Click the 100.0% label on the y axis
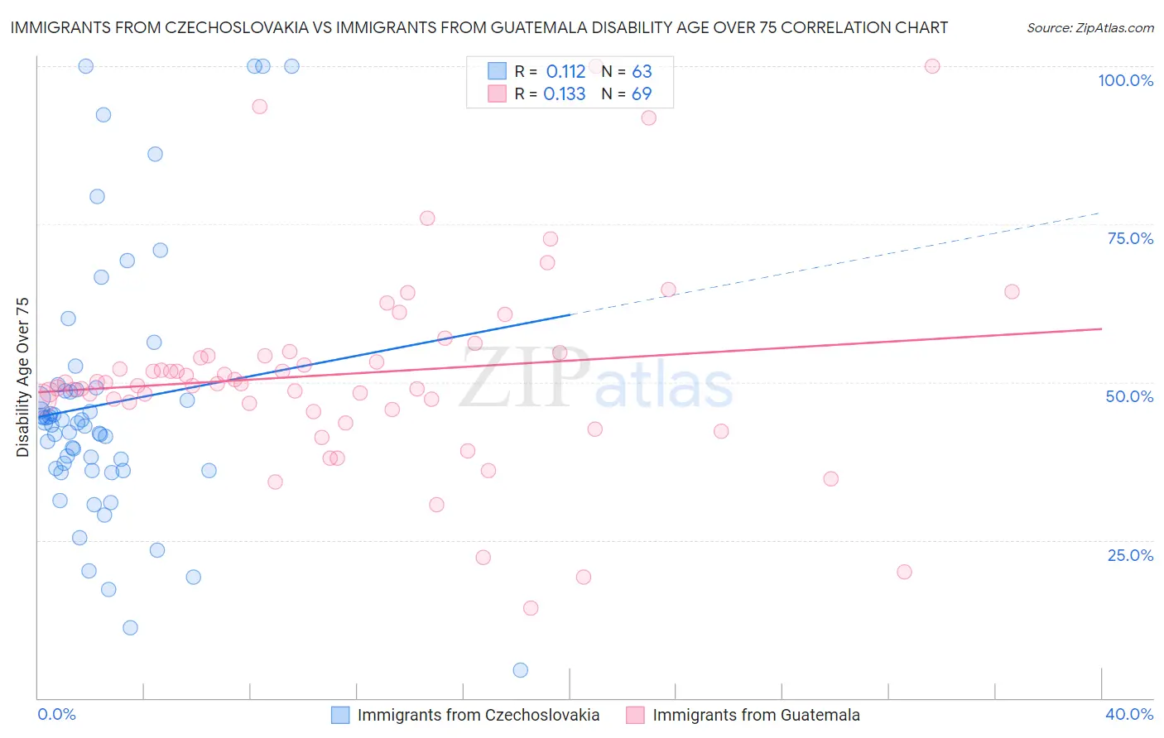tap(1125, 80)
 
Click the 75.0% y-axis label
tap(1130, 238)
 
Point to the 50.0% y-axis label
tap(1129, 396)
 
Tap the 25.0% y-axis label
tap(1130, 555)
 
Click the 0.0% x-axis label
tap(56, 714)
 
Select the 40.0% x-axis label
tap(1129, 714)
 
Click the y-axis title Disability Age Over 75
tap(22, 376)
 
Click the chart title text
tap(479, 27)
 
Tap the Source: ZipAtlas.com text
tap(1089, 27)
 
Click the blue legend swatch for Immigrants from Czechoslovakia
tap(340, 715)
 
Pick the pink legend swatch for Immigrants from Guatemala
tap(635, 715)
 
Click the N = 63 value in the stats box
tap(627, 71)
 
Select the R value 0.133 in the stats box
tap(564, 93)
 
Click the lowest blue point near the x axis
tap(520, 670)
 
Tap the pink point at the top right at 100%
tap(932, 66)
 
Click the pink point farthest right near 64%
tap(1012, 291)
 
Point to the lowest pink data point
tap(531, 608)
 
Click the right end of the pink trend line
tap(1101, 328)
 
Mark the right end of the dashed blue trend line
tap(1099, 213)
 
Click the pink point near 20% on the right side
tap(904, 572)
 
